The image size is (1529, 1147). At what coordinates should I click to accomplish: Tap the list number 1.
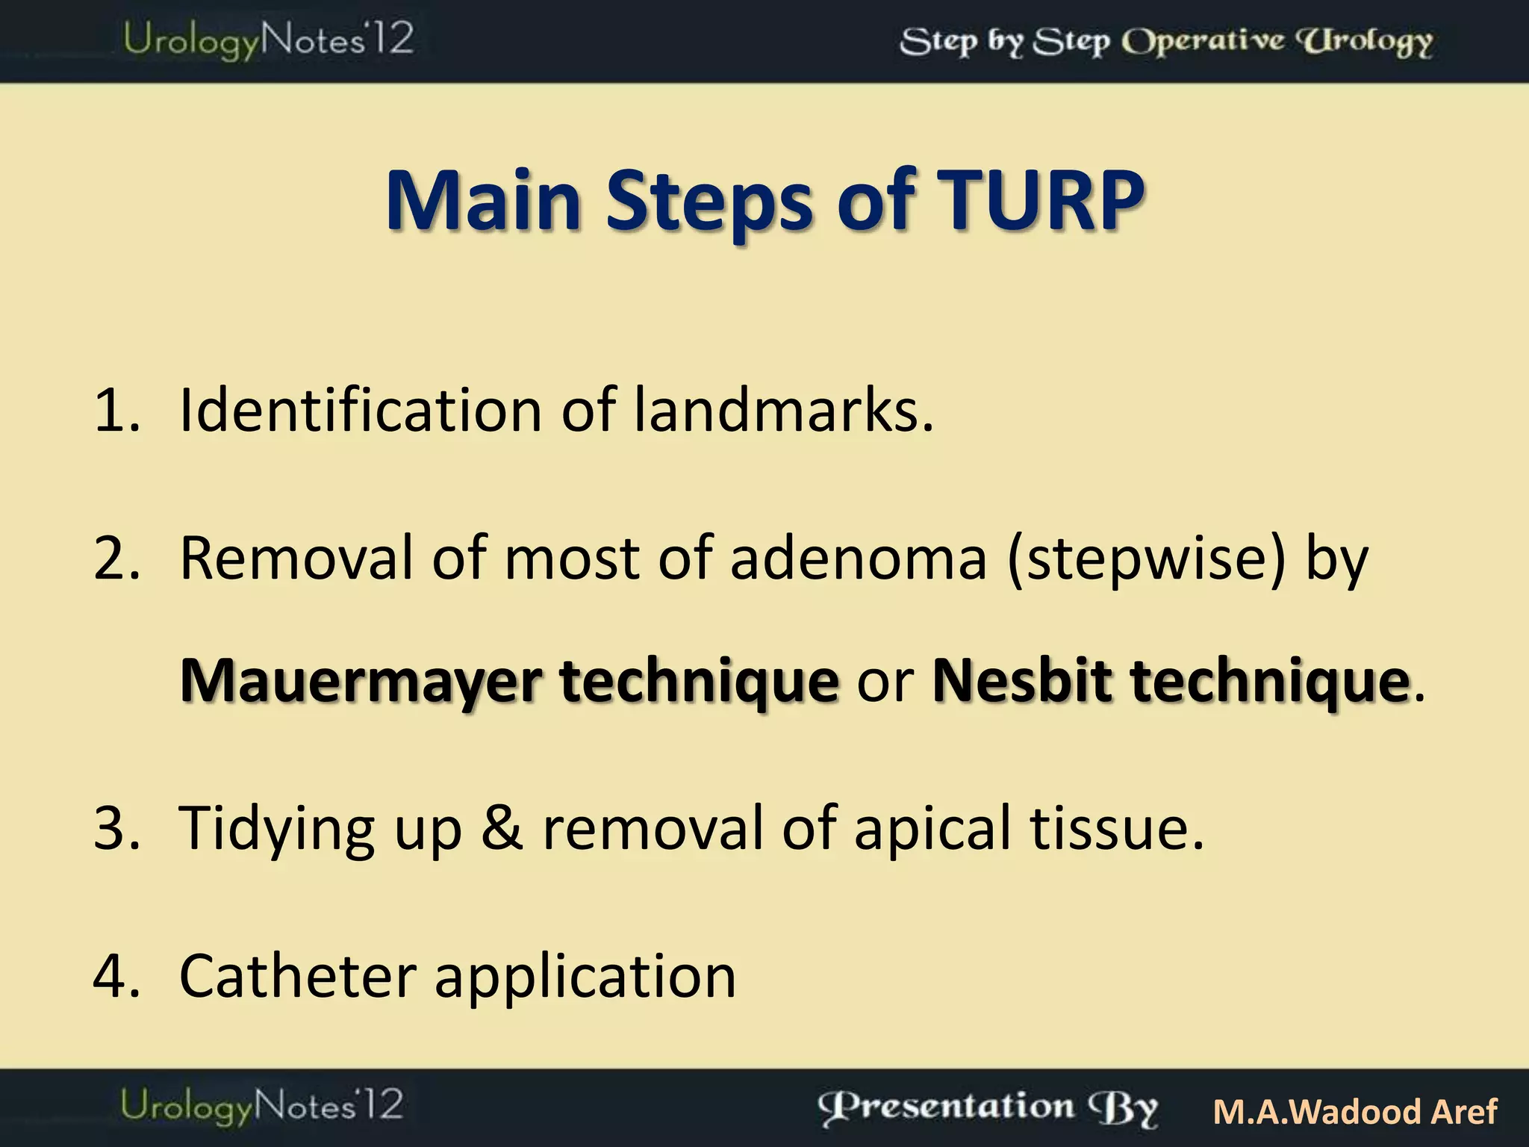coord(116,410)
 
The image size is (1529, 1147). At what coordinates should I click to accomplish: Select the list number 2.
coord(116,558)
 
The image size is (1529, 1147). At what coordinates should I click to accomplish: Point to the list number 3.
coord(116,827)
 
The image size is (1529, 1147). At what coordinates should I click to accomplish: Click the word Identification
coord(361,410)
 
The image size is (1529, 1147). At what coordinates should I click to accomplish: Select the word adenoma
coord(859,559)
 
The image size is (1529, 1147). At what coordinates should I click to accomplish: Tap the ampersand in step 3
coord(502,827)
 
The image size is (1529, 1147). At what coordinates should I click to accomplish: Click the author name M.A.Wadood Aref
coord(1354,1111)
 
